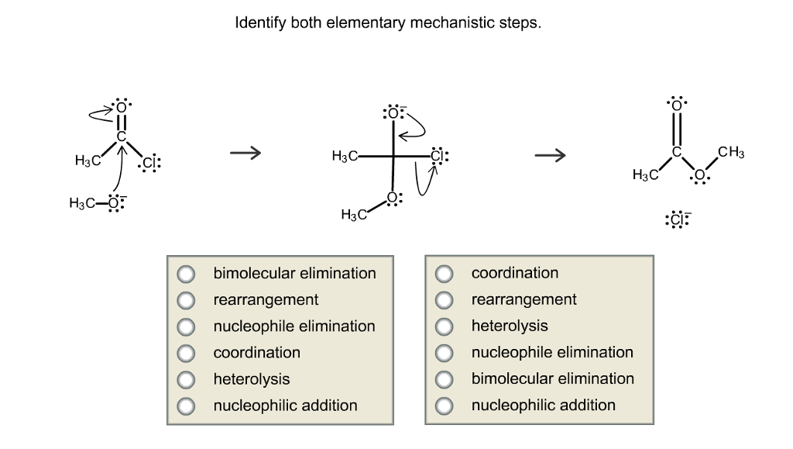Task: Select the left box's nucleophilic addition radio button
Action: [x=187, y=406]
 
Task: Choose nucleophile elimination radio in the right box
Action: [x=445, y=353]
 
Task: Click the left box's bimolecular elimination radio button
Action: [x=187, y=274]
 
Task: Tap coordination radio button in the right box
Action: [x=445, y=274]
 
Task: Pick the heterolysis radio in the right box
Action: [x=445, y=326]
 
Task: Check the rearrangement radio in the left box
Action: [x=187, y=300]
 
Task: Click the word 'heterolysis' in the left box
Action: [x=252, y=379]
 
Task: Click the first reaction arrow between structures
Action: [x=245, y=154]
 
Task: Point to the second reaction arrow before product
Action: [x=550, y=155]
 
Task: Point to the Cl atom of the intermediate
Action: [x=438, y=154]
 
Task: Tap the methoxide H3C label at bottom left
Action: [x=83, y=203]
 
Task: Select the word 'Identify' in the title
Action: [x=260, y=22]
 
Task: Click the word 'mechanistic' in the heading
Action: [x=448, y=22]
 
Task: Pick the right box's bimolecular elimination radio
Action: [x=445, y=379]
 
